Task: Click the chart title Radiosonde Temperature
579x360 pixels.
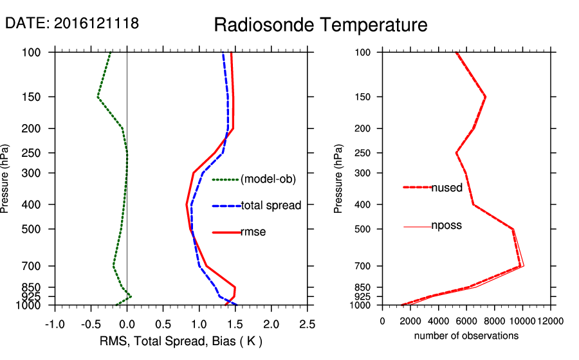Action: point(320,25)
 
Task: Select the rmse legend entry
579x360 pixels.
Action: point(253,231)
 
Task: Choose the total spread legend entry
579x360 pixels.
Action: point(271,206)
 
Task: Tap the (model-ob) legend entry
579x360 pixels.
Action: point(268,179)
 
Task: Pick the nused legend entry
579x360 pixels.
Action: point(446,188)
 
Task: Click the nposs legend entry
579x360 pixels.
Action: point(446,226)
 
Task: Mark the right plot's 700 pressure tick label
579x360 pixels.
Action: point(363,266)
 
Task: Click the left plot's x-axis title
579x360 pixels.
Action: point(182,341)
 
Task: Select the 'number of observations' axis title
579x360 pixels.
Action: point(466,336)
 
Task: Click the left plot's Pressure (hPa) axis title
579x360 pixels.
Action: point(6,179)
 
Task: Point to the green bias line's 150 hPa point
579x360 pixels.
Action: point(98,97)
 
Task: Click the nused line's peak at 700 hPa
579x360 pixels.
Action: point(520,266)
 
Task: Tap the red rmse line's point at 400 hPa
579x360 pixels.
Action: point(187,204)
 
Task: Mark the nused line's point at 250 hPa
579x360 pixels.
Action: point(457,153)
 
